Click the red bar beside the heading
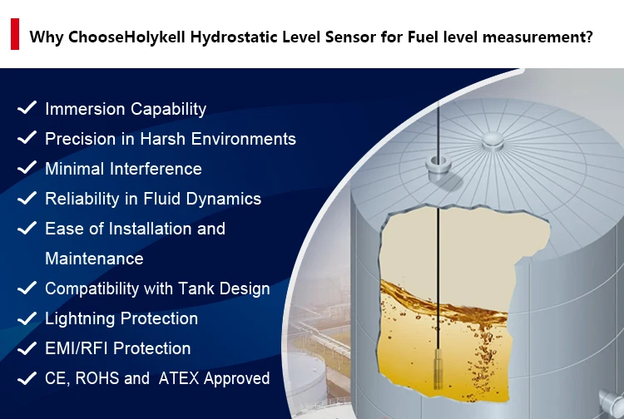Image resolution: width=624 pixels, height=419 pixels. point(14,37)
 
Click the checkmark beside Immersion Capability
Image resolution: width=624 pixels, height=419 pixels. point(27,108)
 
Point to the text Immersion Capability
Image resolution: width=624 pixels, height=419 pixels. point(125,109)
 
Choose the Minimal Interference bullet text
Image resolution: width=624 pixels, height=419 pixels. point(123,169)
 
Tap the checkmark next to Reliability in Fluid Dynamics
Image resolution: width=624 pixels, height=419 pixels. point(27,198)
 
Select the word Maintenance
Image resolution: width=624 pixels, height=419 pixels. point(94,259)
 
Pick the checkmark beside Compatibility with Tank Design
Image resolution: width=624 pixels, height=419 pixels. point(27,288)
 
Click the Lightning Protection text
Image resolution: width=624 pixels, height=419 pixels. point(121,318)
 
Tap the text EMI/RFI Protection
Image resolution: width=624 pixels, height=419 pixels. point(117,348)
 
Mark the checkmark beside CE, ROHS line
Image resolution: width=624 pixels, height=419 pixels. point(27,377)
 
